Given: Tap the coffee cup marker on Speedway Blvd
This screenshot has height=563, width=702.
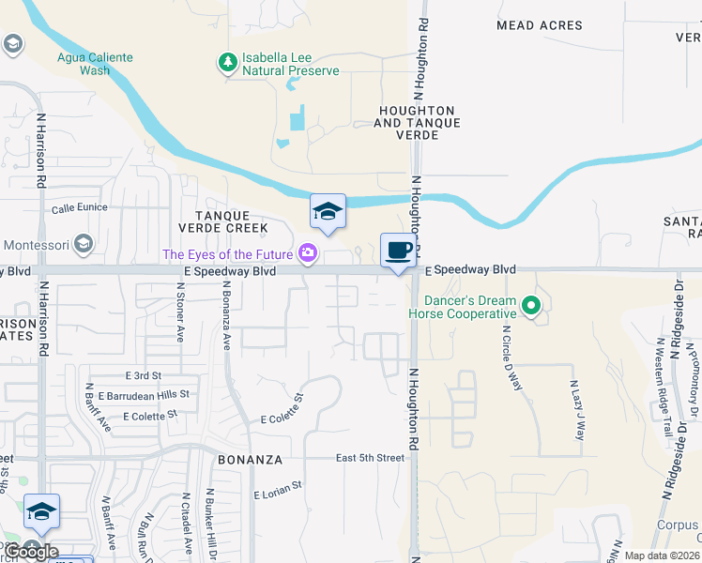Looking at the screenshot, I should coord(398,251).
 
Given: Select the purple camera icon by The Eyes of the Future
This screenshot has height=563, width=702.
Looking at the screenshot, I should coord(307,252).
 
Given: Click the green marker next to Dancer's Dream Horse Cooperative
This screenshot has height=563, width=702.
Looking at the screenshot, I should coord(531,306).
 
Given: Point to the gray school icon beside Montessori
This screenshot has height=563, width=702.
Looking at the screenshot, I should coord(83,245).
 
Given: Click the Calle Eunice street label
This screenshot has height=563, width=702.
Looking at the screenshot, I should coord(80,207).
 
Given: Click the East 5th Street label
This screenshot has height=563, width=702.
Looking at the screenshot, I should coord(371,458).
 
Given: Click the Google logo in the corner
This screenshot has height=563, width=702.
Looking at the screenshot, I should coord(30,552).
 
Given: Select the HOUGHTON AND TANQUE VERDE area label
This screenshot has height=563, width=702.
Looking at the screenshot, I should coord(419,116).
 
